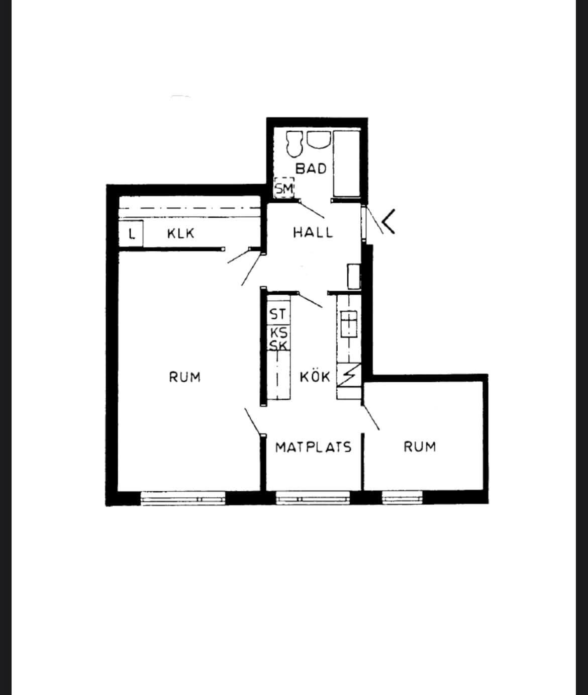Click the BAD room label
311,168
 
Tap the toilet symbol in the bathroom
295,144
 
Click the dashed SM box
284,188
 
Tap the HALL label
313,232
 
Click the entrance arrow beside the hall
389,221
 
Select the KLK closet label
181,233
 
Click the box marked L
131,233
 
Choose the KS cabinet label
279,332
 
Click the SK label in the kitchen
278,345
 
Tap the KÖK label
315,377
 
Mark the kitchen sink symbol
349,324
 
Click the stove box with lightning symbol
349,375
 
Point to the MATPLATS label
313,447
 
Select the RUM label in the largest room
185,377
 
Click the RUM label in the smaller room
420,447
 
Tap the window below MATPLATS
313,498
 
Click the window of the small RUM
402,498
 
